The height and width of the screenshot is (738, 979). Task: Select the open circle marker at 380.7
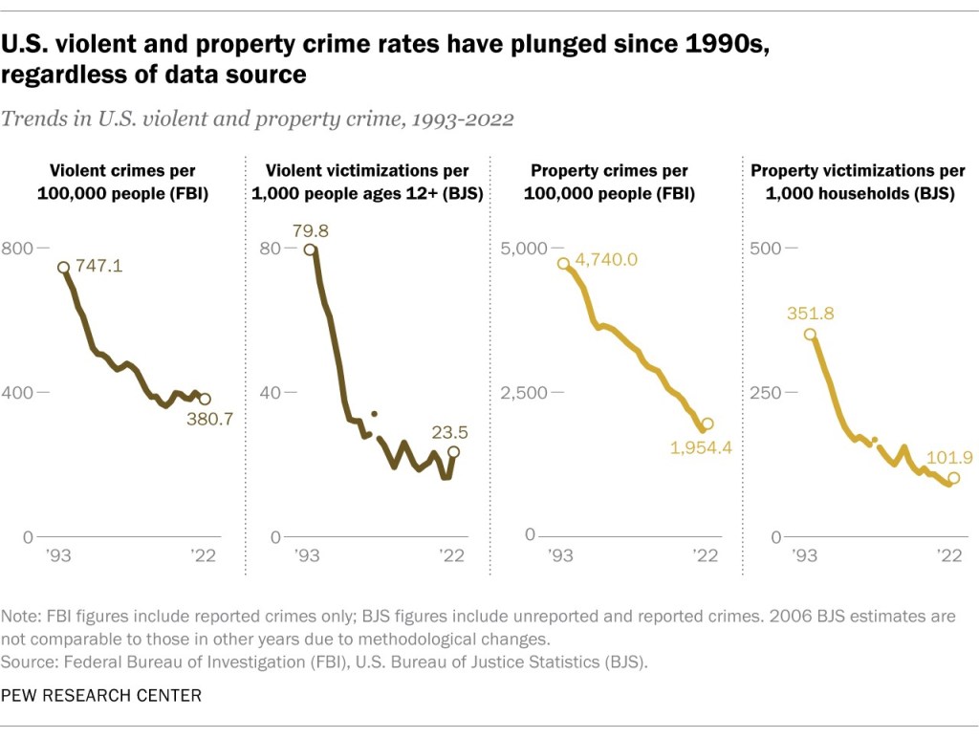[205, 400]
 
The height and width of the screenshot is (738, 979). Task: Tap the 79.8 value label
[309, 229]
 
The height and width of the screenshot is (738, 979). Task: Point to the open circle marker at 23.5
[453, 452]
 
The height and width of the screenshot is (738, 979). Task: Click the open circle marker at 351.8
[810, 335]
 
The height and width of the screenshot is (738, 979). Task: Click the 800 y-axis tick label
[16, 249]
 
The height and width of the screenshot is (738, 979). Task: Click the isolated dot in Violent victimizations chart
[374, 414]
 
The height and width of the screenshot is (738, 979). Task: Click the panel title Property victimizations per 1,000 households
[858, 182]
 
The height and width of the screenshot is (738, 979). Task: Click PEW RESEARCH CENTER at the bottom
[101, 695]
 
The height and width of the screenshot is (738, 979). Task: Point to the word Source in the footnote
[25, 661]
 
